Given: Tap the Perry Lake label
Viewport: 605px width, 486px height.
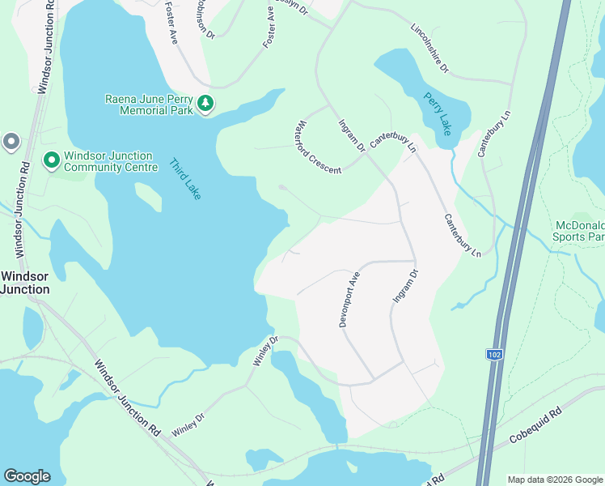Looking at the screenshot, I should [x=438, y=113].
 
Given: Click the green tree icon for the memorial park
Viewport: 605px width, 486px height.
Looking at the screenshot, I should [x=205, y=103].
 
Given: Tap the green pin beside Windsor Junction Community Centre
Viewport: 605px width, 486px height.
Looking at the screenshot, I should [x=51, y=160].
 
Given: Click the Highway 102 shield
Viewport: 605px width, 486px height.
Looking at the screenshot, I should [x=493, y=355].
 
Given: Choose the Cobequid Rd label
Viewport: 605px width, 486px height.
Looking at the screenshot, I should [x=535, y=427].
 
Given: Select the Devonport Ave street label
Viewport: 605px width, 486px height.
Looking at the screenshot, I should [x=348, y=299].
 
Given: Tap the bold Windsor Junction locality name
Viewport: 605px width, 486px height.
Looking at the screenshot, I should [x=25, y=282].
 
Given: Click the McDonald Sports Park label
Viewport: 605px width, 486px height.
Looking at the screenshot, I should [x=578, y=231].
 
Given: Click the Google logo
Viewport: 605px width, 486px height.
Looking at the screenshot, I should [x=27, y=476].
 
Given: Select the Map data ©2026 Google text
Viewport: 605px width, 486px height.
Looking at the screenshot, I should [x=556, y=480].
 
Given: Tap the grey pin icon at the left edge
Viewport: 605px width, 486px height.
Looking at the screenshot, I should [x=11, y=142].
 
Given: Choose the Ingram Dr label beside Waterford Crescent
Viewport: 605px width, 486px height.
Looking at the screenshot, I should [x=351, y=134].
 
